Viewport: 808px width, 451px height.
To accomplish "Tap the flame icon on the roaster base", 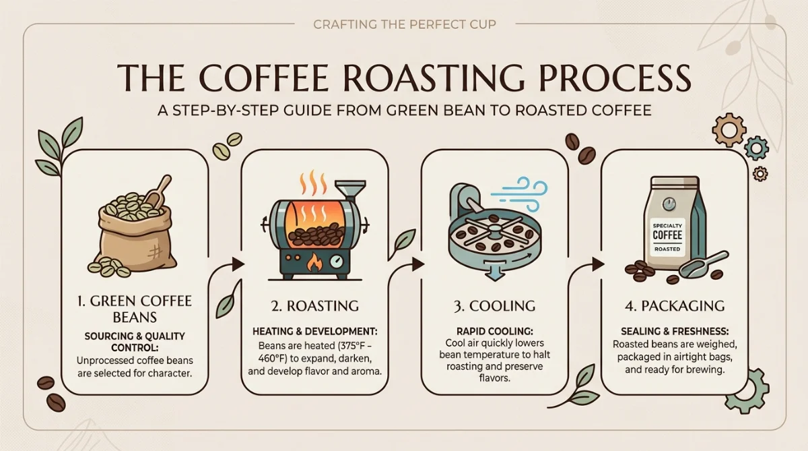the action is (x=314, y=262).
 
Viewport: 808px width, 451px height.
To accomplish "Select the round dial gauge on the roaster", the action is (x=337, y=262).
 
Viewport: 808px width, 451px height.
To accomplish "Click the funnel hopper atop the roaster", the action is (x=350, y=191).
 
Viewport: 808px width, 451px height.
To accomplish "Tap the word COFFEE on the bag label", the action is (x=667, y=235).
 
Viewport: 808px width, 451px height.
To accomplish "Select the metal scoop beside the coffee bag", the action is (x=703, y=265).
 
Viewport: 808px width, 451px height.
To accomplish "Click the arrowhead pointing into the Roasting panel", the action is (x=238, y=264).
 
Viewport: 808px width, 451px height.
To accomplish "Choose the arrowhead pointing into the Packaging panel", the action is (x=599, y=264).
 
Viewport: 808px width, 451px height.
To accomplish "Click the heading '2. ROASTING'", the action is (x=315, y=306).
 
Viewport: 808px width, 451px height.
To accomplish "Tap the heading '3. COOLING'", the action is (x=494, y=306).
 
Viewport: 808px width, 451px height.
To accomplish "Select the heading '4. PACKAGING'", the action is (x=675, y=306).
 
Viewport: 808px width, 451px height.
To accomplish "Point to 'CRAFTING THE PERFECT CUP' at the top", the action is (x=405, y=24).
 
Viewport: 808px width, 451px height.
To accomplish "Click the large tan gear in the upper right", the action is (x=729, y=129).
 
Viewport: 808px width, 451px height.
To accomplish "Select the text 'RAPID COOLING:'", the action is (x=494, y=331).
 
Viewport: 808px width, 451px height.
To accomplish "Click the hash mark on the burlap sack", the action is (x=155, y=251).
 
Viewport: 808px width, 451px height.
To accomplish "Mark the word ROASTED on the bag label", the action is (x=667, y=249).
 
